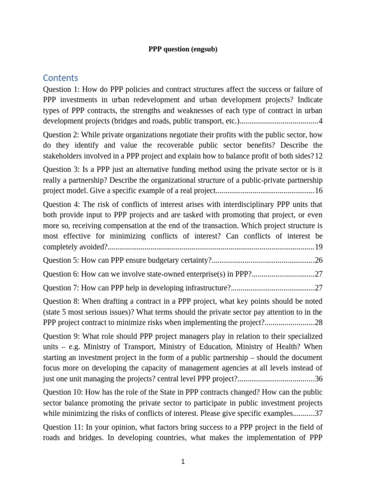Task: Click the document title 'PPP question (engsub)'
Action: pyautogui.click(x=183, y=49)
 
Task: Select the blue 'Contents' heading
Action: pyautogui.click(x=61, y=78)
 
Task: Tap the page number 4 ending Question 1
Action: pyautogui.click(x=321, y=120)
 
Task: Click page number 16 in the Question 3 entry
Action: pyautogui.click(x=319, y=191)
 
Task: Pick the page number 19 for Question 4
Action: pyautogui.click(x=319, y=247)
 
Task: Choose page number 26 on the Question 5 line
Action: pyautogui.click(x=319, y=260)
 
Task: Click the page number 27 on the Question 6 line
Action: pyautogui.click(x=319, y=274)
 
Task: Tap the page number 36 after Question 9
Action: pyautogui.click(x=319, y=379)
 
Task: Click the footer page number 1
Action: pyautogui.click(x=183, y=461)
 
